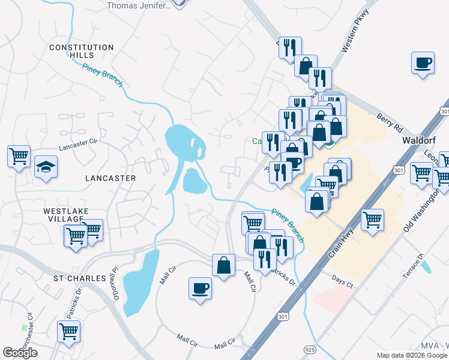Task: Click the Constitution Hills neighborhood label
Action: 82,51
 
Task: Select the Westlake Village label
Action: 67,215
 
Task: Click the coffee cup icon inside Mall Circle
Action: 200,288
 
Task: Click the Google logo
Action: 20,353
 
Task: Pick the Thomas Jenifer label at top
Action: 139,5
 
